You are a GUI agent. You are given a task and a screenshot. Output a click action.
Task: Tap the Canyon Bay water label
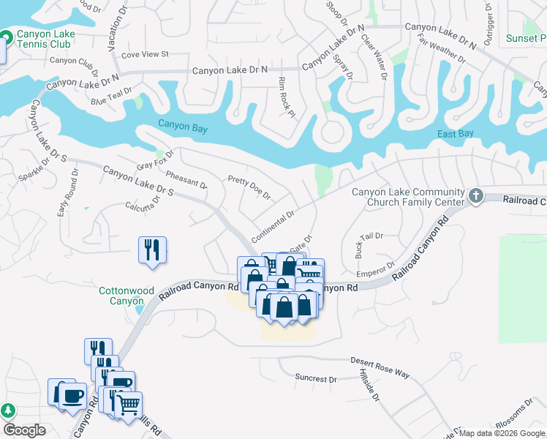(x=183, y=128)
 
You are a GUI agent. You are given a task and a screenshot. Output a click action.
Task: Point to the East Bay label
(x=456, y=134)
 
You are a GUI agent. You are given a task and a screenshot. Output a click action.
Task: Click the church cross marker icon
(x=476, y=195)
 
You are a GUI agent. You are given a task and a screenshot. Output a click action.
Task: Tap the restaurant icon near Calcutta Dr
(x=152, y=250)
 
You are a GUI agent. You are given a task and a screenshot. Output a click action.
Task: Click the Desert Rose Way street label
(x=380, y=367)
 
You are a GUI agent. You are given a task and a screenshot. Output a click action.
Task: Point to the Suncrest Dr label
(x=315, y=379)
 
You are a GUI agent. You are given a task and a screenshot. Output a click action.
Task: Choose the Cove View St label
(x=145, y=54)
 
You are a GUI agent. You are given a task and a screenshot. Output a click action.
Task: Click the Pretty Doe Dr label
(x=249, y=187)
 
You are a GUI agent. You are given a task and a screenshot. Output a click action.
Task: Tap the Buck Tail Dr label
(x=369, y=242)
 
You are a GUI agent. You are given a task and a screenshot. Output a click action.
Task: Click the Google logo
(x=23, y=430)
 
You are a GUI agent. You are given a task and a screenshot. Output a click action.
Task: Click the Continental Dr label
(x=272, y=228)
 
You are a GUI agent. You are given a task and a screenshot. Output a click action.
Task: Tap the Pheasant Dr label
(x=186, y=180)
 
